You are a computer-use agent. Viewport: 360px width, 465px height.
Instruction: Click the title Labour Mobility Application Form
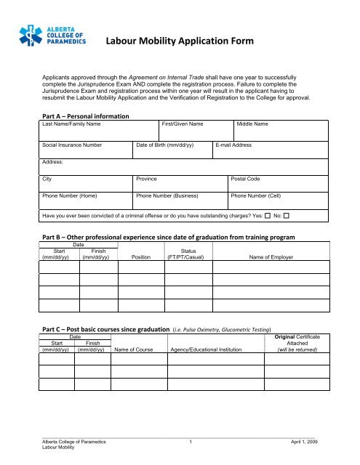180,42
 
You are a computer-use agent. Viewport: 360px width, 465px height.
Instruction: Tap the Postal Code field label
247,178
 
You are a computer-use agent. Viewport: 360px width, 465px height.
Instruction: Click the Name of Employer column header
274,256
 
